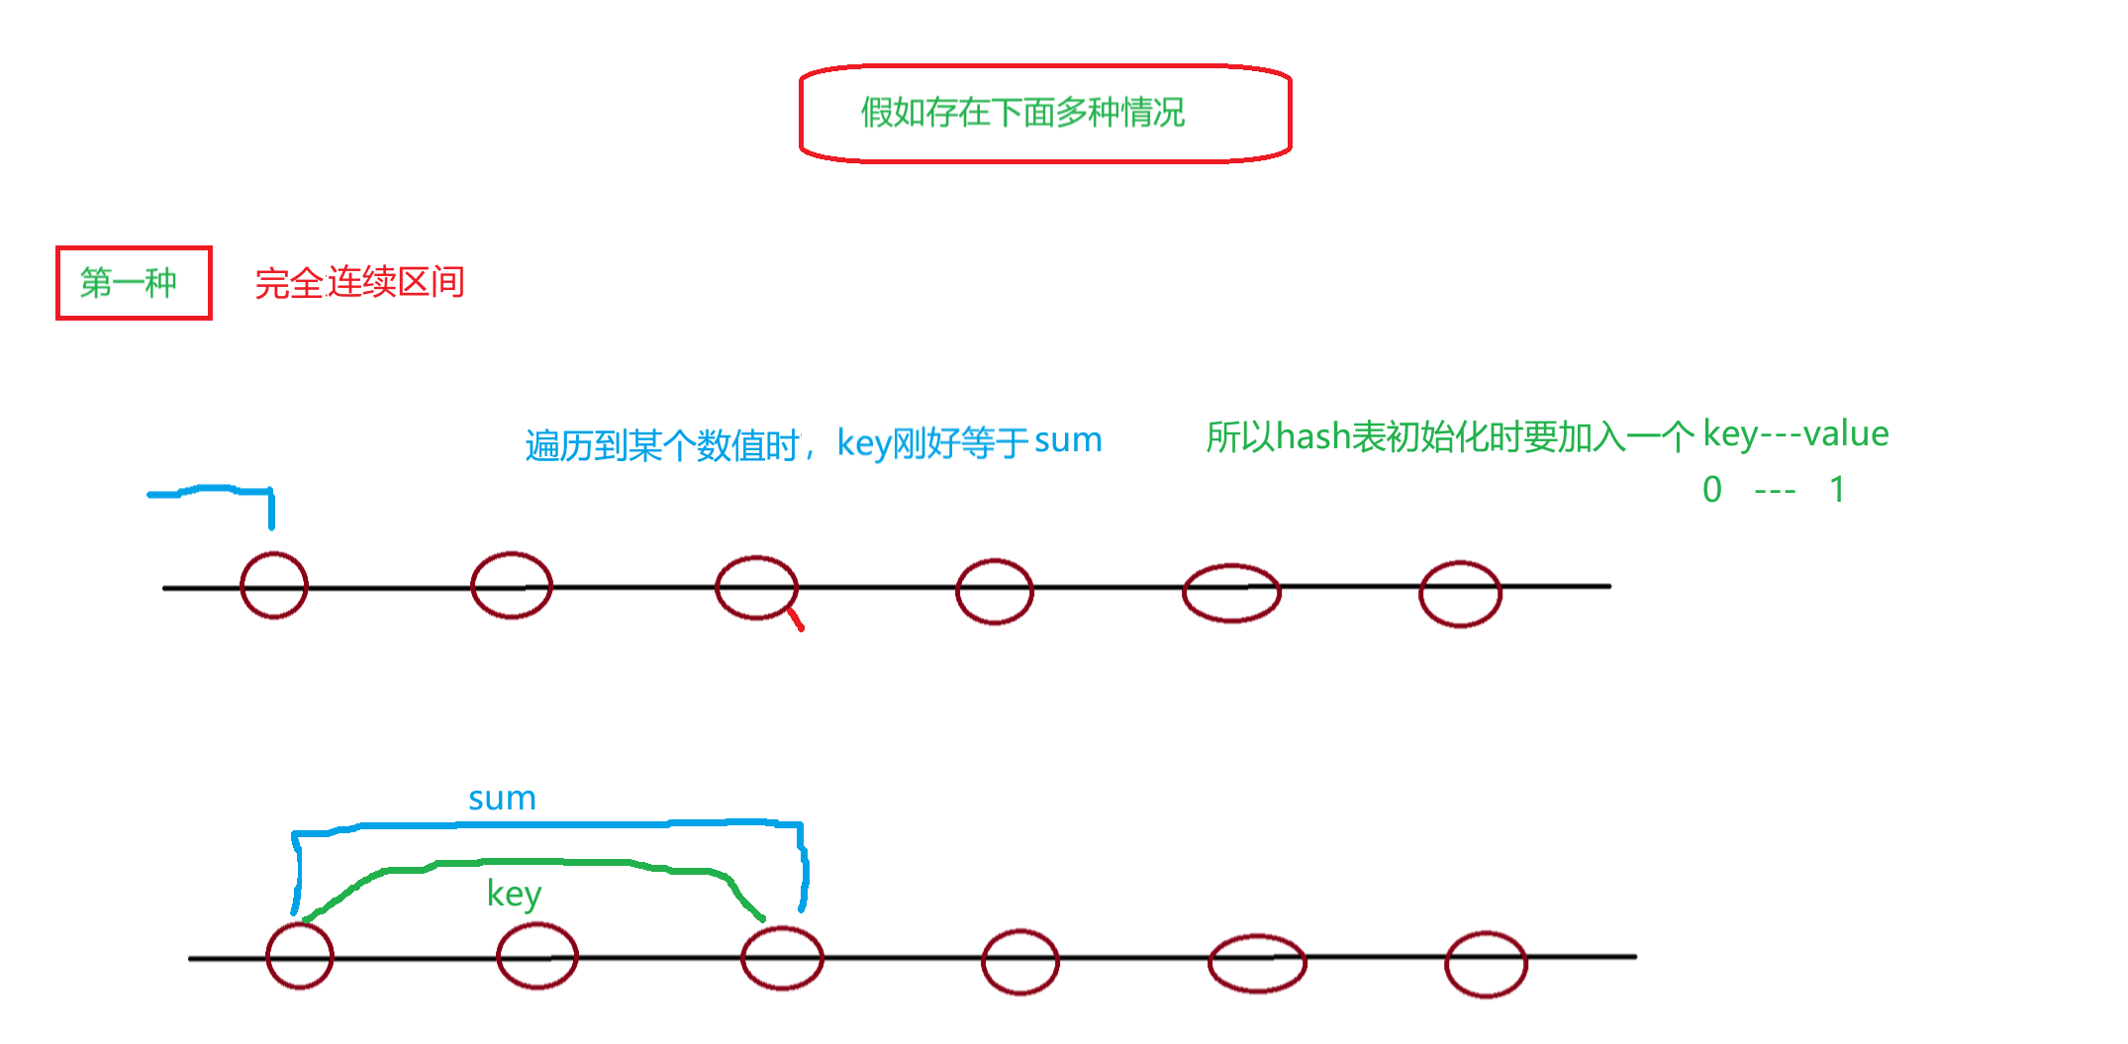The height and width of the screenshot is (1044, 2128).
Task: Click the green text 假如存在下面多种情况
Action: (x=1022, y=113)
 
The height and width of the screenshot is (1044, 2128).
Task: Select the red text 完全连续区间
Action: (x=359, y=283)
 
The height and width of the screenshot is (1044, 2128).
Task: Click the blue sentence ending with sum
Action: (x=813, y=443)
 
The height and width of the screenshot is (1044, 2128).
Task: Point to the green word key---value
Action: (x=1795, y=434)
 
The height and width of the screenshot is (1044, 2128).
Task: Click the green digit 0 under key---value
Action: (x=1712, y=490)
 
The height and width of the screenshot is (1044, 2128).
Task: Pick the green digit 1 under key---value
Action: (x=1837, y=490)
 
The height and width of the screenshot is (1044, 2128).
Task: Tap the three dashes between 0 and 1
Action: (x=1775, y=491)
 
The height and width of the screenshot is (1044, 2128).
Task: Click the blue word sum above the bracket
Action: (x=502, y=799)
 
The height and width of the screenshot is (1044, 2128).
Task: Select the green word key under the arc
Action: (x=514, y=894)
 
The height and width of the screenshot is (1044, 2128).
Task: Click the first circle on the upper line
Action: (x=274, y=586)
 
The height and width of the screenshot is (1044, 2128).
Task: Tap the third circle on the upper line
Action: (x=756, y=588)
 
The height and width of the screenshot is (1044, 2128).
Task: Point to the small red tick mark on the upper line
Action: (x=795, y=619)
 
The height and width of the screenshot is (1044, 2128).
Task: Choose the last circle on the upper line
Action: (x=1460, y=594)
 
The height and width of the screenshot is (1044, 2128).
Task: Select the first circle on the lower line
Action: (x=300, y=956)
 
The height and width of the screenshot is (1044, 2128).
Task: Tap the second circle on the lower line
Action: (x=536, y=957)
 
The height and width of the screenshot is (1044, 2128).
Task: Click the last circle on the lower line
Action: (x=1486, y=964)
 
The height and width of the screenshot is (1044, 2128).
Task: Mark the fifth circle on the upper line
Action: (x=1231, y=593)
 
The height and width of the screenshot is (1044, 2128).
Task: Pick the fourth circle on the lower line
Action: (x=1020, y=962)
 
